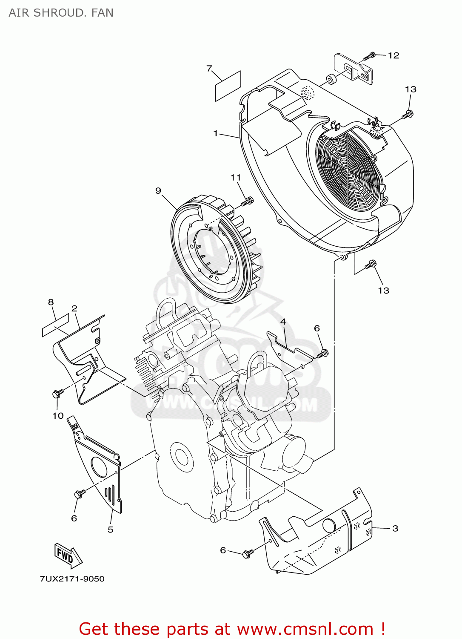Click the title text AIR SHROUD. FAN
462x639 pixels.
[61, 13]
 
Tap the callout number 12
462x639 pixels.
[394, 55]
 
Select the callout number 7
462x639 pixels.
[209, 69]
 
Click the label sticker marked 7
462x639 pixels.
[228, 86]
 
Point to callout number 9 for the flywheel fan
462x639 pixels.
[158, 190]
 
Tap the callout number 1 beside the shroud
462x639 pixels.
[216, 133]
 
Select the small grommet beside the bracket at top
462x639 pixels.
[330, 79]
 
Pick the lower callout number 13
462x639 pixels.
[383, 291]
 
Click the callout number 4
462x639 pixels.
[283, 322]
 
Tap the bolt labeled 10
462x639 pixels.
[57, 393]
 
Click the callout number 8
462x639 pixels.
[51, 302]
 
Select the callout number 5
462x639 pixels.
[110, 530]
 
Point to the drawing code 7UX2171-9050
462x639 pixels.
[72, 579]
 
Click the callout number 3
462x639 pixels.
[395, 528]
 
